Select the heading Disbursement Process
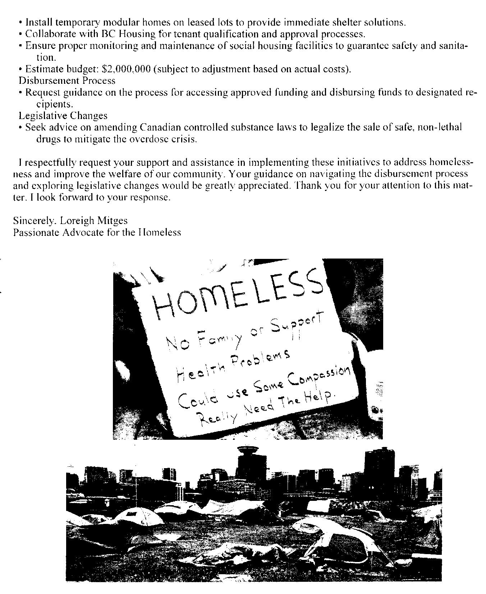pyautogui.click(x=67, y=81)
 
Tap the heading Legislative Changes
pyautogui.click(x=63, y=116)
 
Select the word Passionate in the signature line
pyautogui.click(x=37, y=232)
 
